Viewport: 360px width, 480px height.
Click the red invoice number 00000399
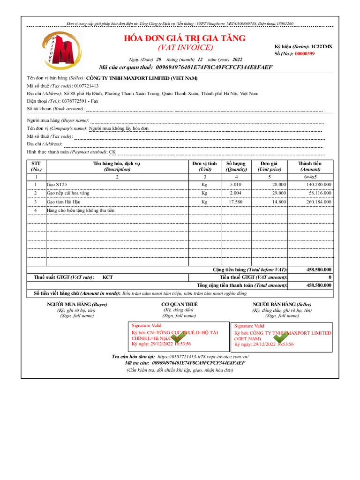point(305,54)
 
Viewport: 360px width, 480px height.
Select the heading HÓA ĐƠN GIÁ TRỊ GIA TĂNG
point(185,38)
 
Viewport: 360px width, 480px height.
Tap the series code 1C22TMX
point(322,47)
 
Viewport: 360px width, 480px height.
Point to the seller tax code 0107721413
point(86,86)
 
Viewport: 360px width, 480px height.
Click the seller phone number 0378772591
point(76,101)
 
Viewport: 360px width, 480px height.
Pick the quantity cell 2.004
point(235,193)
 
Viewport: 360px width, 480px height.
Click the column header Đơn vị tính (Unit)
point(204,166)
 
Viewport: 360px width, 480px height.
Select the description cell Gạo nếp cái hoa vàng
point(68,193)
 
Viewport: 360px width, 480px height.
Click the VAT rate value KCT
point(108,277)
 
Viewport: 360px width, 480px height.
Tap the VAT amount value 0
point(330,277)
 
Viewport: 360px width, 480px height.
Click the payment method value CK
point(112,152)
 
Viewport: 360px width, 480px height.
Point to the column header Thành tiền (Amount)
point(310,166)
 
